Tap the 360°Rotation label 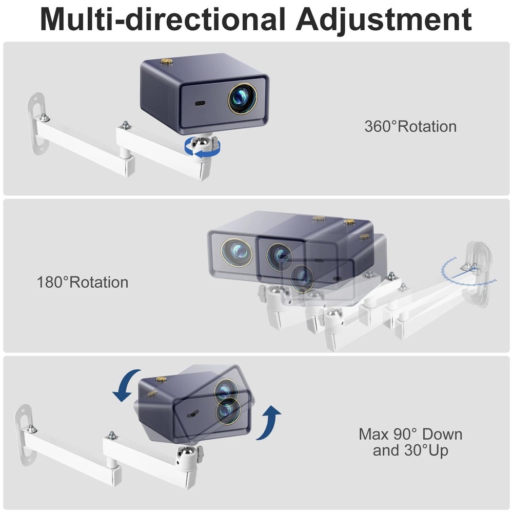(410, 126)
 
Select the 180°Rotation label (83, 282)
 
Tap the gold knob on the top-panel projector (166, 62)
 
